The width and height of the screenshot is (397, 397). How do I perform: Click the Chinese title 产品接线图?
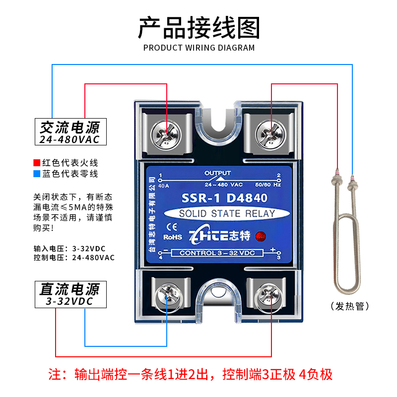(x=198, y=28)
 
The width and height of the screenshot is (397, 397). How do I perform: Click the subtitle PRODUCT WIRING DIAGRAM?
(x=198, y=48)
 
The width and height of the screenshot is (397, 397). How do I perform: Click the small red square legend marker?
(x=36, y=162)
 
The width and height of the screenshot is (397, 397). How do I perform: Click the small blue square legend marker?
(x=36, y=174)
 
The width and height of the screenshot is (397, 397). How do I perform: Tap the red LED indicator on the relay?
(x=260, y=236)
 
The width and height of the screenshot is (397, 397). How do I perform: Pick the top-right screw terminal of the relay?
(x=267, y=133)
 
